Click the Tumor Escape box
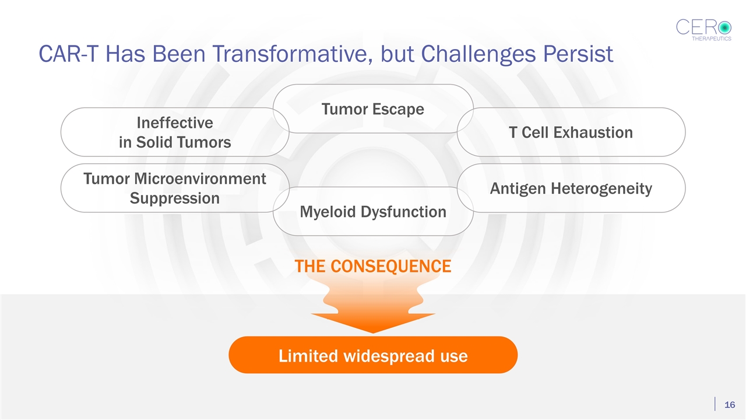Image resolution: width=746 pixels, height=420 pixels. pyautogui.click(x=373, y=109)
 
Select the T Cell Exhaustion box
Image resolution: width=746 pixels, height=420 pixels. pyautogui.click(x=571, y=132)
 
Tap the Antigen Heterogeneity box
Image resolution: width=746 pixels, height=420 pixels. pyautogui.click(x=571, y=188)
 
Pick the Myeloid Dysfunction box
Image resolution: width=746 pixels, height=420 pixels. pyautogui.click(x=373, y=212)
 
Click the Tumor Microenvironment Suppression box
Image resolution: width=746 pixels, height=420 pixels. pyautogui.click(x=174, y=188)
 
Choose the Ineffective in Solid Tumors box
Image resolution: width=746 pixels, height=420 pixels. pyautogui.click(x=174, y=132)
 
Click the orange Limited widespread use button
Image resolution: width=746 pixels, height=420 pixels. pyautogui.click(x=373, y=355)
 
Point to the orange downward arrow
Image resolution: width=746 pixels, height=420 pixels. pyautogui.click(x=373, y=309)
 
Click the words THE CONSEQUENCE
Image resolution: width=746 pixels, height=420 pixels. pyautogui.click(x=373, y=267)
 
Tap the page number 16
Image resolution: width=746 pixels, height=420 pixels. pyautogui.click(x=729, y=405)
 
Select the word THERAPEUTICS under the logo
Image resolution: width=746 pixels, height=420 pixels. pyautogui.click(x=711, y=38)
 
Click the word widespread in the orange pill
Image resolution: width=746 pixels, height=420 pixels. pyautogui.click(x=374, y=355)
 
